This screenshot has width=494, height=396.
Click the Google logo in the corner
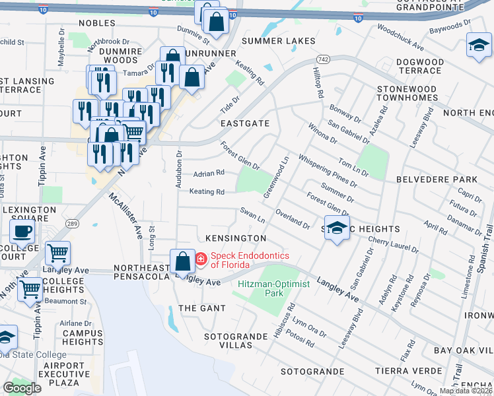(x=22, y=388)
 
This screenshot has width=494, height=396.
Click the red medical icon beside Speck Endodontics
(x=200, y=258)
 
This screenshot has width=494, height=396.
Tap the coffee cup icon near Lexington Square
(x=22, y=232)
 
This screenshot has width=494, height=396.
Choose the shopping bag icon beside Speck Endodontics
(x=182, y=262)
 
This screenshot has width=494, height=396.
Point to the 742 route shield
(x=319, y=59)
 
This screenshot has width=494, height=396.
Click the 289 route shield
(x=72, y=224)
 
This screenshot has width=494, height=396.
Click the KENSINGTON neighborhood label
(x=236, y=238)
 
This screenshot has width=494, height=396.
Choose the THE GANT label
(x=202, y=308)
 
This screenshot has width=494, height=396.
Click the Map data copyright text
(x=466, y=391)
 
